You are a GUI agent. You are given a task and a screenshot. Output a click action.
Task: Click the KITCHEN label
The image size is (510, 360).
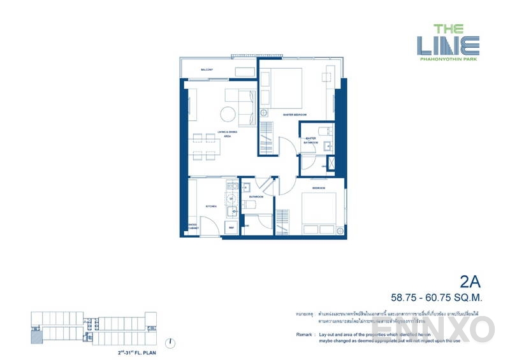(x=212, y=207)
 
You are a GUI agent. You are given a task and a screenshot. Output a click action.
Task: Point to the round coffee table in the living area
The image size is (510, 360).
(x=228, y=115)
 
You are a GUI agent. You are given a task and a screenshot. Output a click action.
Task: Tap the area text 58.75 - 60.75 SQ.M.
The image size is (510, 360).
(x=438, y=297)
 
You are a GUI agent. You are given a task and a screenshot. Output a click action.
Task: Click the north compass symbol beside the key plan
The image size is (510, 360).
(x=171, y=343)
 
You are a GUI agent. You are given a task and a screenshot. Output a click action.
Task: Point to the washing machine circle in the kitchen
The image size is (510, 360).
(x=232, y=198)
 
